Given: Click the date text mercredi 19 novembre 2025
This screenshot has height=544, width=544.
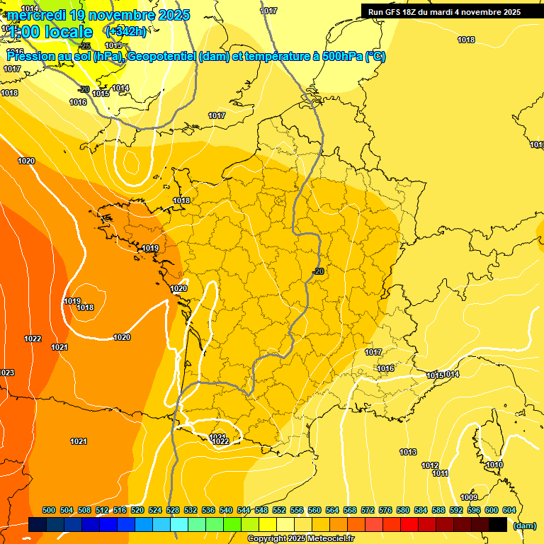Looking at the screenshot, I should coord(99,15).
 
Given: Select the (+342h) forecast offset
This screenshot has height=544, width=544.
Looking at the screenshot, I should coord(125,31).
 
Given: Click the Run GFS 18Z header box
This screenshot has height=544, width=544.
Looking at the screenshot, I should coord(444,11).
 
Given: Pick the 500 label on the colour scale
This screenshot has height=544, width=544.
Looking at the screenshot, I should coord(49,510).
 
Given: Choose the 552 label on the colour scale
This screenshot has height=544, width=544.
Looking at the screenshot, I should coord(279,510).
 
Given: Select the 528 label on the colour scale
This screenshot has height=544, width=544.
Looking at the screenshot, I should coord(173,510).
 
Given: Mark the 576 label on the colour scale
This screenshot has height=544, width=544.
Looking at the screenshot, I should coord(385,510).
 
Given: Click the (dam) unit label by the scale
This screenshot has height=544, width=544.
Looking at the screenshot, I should coord(524,525).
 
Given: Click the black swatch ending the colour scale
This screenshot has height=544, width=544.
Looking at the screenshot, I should coord(498,525).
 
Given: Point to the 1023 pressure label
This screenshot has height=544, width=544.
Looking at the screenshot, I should coord(7,373).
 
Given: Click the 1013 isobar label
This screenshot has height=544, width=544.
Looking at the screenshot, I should coord(408,452).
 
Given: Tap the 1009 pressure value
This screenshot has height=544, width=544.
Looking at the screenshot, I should coord(469,497).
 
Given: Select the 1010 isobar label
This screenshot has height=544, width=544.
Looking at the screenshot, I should coord(494,465).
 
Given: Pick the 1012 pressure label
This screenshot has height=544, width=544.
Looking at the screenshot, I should coord(430,465).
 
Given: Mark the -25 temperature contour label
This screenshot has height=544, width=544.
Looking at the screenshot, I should coord(85,45).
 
